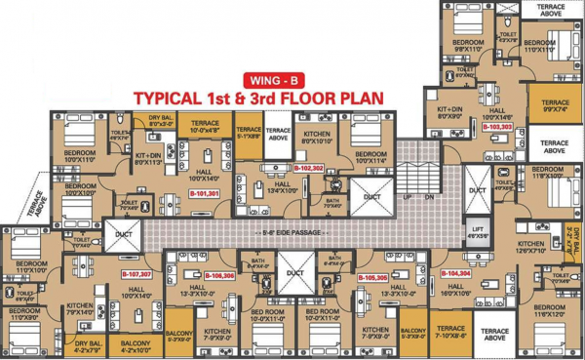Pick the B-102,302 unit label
coord(309,169)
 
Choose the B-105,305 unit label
coord(373,278)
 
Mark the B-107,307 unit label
coord(136,275)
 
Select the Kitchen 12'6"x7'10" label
coord(530,249)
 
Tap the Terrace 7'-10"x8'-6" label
coord(451,332)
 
